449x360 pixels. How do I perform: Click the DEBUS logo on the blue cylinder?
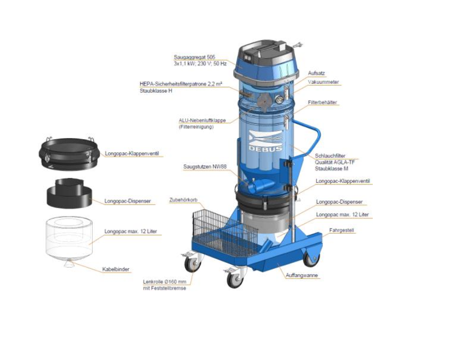click(266, 141)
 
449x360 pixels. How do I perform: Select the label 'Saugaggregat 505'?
click(195, 57)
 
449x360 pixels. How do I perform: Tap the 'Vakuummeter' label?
click(323, 82)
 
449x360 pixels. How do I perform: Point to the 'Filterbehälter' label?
click(323, 102)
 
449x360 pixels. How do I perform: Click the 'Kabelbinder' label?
click(116, 269)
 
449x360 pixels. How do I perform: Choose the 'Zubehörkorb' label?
click(183, 200)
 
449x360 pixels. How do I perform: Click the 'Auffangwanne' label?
click(302, 275)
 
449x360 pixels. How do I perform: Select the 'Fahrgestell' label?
click(341, 230)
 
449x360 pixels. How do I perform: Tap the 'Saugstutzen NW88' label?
click(205, 167)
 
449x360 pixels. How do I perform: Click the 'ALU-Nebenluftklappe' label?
click(202, 121)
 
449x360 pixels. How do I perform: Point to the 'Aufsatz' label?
click(316, 73)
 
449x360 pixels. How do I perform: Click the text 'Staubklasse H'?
click(156, 91)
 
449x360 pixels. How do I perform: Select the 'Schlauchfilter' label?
click(330, 156)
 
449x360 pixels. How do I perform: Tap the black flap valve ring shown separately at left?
click(69, 154)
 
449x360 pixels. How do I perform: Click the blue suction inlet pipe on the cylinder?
click(259, 186)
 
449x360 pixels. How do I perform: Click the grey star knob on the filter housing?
click(264, 101)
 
